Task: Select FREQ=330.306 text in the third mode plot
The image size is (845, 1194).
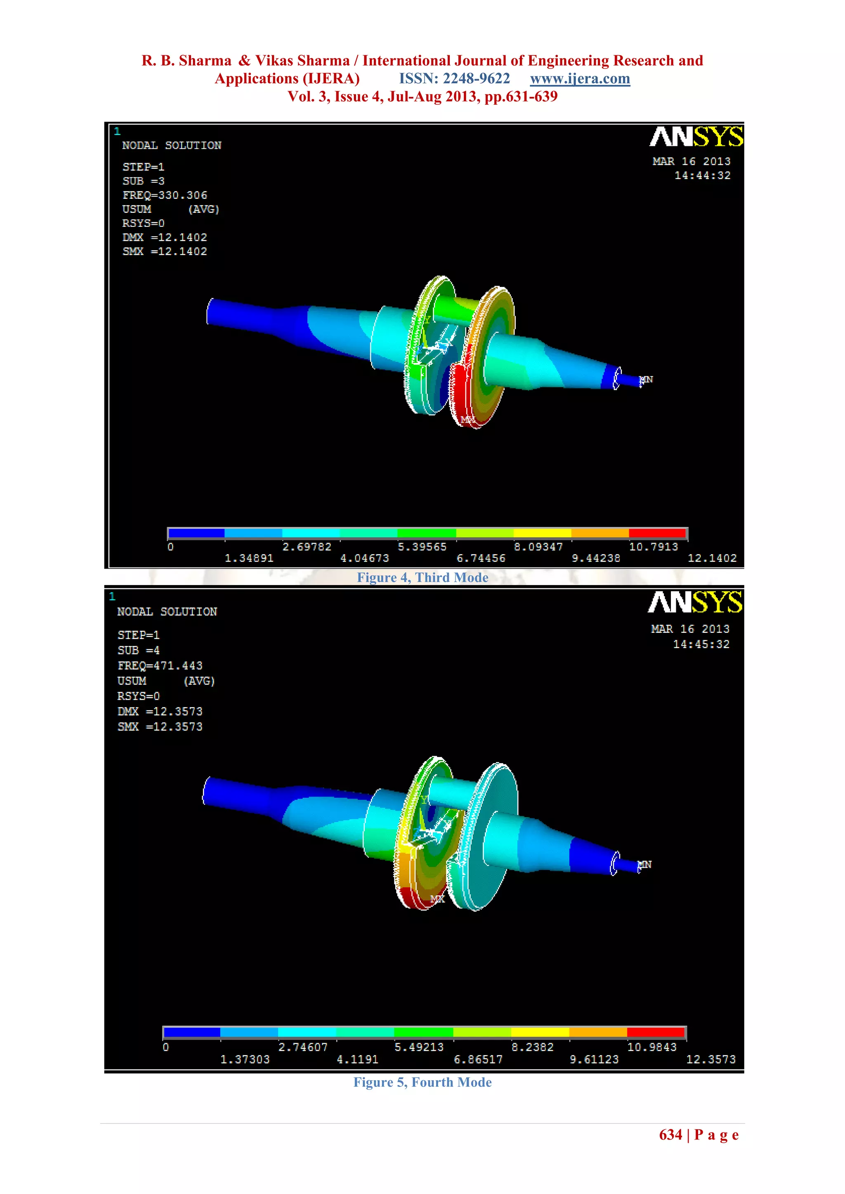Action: pyautogui.click(x=165, y=195)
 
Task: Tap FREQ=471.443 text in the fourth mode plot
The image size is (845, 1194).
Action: pyautogui.click(x=160, y=665)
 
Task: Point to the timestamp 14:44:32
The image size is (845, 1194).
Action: pyautogui.click(x=702, y=176)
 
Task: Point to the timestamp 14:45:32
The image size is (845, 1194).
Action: pyautogui.click(x=701, y=644)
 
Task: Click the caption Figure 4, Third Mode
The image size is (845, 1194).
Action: pyautogui.click(x=422, y=578)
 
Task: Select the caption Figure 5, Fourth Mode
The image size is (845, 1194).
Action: pyautogui.click(x=422, y=1082)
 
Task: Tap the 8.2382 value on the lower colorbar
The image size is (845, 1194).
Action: pyautogui.click(x=532, y=1047)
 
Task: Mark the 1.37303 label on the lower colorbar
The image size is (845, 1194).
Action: pyautogui.click(x=245, y=1059)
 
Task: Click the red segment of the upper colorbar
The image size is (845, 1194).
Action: pyautogui.click(x=657, y=533)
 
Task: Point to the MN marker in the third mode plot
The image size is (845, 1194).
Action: pyautogui.click(x=646, y=380)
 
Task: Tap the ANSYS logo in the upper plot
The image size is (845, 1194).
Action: pyautogui.click(x=696, y=137)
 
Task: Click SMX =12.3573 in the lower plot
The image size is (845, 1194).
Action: pyautogui.click(x=160, y=726)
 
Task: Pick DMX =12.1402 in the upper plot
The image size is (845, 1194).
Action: pyautogui.click(x=165, y=237)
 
